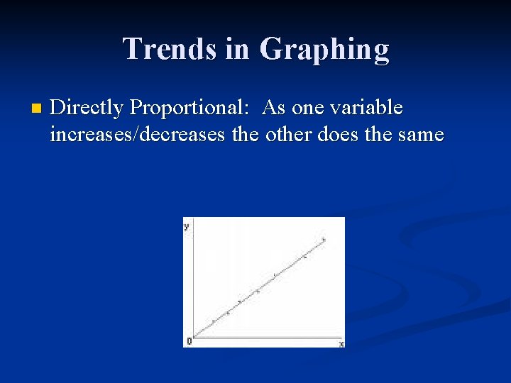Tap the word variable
point(367,108)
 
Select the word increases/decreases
point(138,134)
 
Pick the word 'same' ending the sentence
point(419,134)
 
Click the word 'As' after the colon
point(275,108)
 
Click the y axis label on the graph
point(186,226)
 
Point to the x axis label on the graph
point(341,343)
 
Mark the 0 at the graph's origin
point(189,341)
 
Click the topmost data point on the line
point(324,240)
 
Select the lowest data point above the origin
point(213,321)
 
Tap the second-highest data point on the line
point(305,257)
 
